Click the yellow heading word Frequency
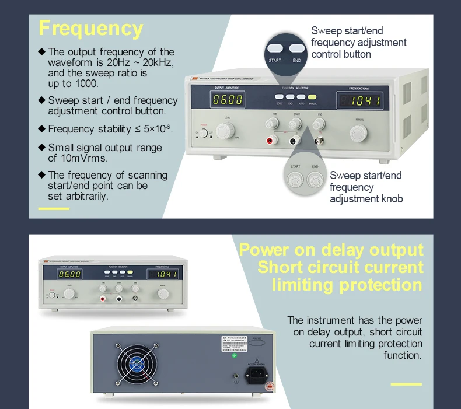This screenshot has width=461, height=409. click(90, 29)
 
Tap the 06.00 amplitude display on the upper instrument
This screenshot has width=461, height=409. click(228, 100)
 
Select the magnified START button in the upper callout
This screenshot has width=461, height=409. click(275, 49)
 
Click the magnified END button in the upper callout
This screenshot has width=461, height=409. click(297, 49)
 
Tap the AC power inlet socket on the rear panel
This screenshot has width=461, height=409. click(256, 373)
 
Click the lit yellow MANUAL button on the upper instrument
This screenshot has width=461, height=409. click(312, 97)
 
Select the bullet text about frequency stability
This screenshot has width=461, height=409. click(110, 129)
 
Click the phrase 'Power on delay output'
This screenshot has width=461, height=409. click(331, 250)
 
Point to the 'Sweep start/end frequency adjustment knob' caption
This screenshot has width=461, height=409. click(366, 187)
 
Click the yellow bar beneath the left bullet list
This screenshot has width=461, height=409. click(53, 208)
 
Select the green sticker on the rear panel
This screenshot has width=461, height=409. click(234, 355)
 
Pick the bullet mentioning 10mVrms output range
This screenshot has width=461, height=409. click(104, 153)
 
